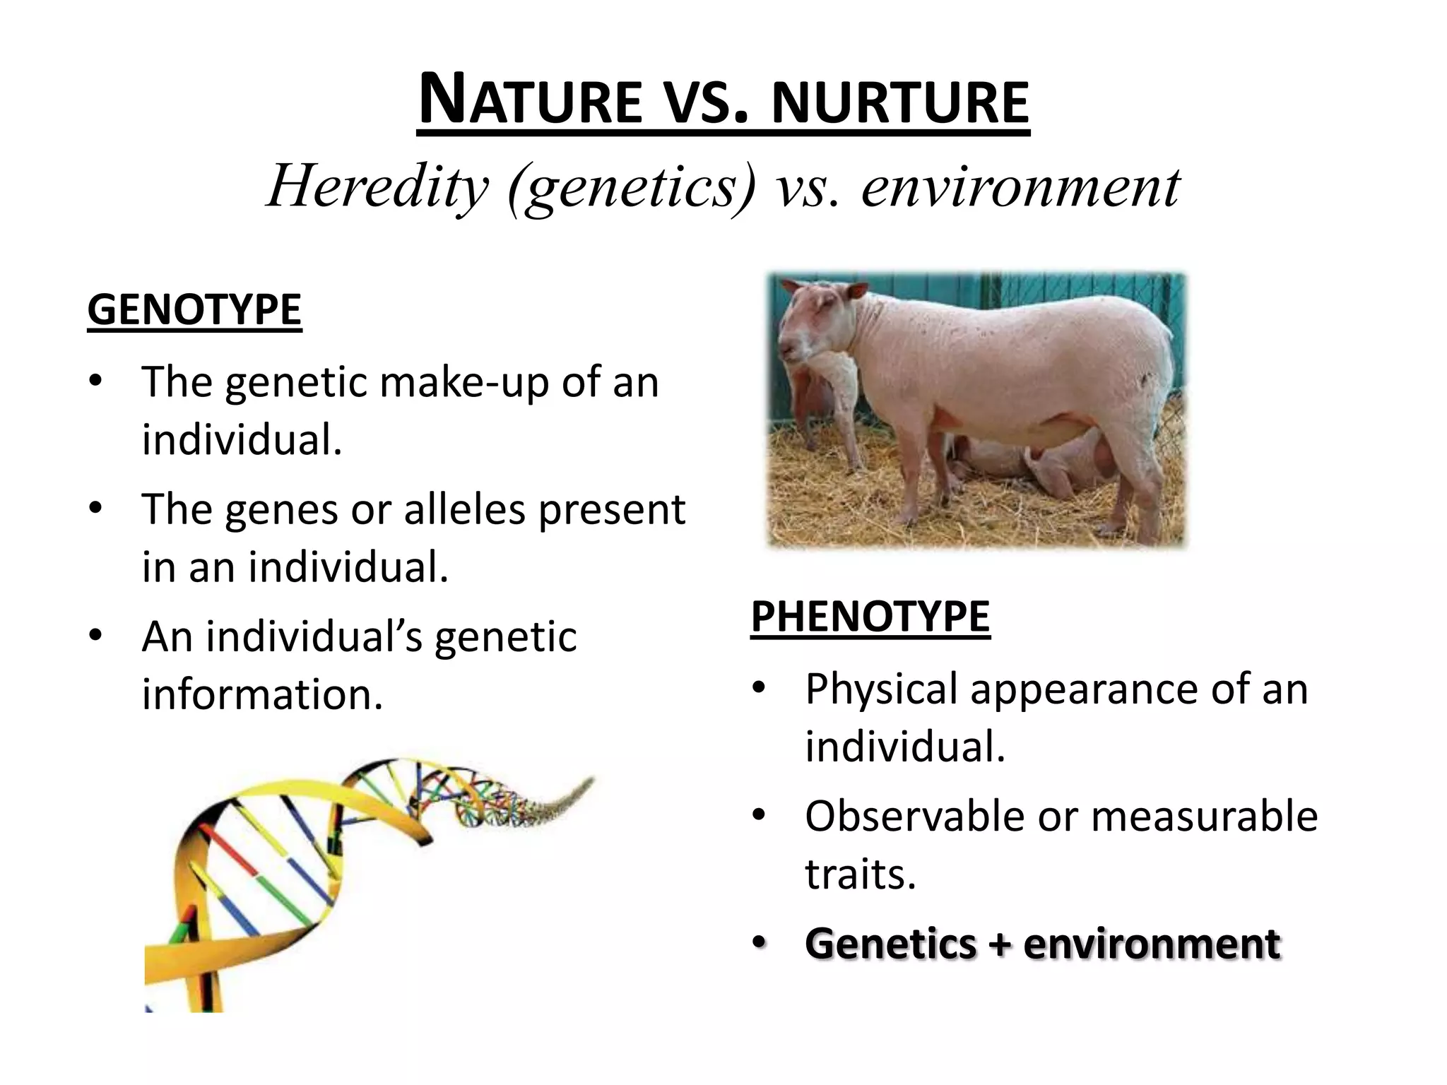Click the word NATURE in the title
(x=530, y=101)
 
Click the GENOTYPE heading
(x=194, y=309)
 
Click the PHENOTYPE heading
(x=870, y=617)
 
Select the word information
(x=262, y=694)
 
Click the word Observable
(x=914, y=817)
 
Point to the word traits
(x=860, y=874)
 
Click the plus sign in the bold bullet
(x=999, y=944)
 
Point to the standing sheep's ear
(x=856, y=290)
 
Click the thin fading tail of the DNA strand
(x=565, y=795)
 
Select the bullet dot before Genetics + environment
(x=759, y=944)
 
